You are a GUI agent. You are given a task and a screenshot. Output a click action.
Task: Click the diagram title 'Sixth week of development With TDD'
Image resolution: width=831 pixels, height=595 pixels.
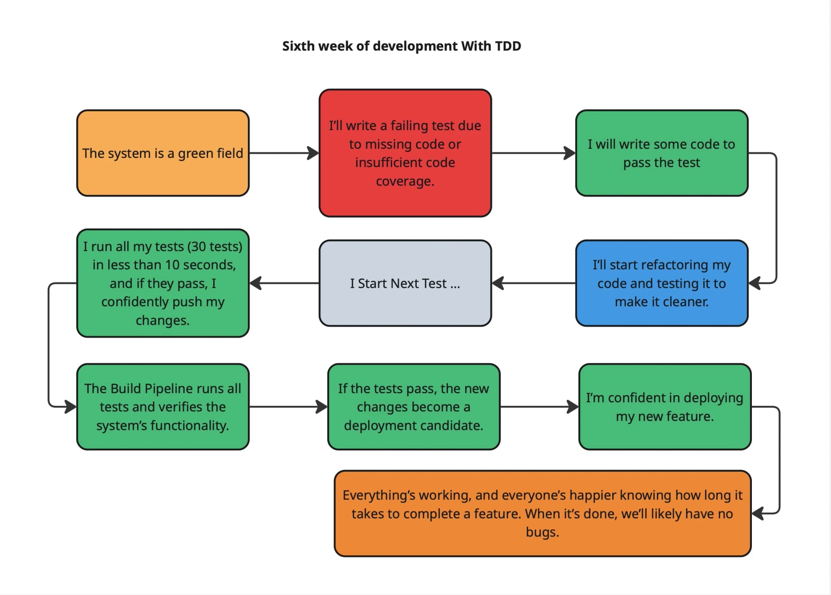401,46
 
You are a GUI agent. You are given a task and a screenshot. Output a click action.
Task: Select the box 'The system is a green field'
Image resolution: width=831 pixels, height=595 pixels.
163,153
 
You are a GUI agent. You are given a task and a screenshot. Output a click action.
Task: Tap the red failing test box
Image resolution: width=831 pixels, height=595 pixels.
405,153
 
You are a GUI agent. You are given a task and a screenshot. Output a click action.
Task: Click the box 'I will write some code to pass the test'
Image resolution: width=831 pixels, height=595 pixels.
661,153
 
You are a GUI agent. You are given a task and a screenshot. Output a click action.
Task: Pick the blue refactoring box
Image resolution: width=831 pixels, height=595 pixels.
661,283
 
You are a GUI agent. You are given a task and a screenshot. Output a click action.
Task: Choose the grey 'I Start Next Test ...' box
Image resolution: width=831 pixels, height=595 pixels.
405,283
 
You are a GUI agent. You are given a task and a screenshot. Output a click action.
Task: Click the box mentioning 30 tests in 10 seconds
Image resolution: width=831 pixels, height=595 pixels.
163,283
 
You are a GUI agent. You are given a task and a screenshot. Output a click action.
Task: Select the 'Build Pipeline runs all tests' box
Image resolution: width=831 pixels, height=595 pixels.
163,407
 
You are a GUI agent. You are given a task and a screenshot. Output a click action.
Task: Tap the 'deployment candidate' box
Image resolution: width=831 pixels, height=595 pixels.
413,407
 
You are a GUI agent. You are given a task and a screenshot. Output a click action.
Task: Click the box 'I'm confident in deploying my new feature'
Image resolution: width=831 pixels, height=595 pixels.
665,407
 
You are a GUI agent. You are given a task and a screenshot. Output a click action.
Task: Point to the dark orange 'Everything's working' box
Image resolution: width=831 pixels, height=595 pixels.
543,513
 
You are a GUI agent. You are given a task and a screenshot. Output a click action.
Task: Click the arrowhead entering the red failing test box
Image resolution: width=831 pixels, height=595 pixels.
313,153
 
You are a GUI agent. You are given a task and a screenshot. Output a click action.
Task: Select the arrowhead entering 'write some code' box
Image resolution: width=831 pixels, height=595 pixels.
570,153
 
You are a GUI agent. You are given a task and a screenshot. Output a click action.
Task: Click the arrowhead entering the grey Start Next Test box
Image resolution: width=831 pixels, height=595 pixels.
498,283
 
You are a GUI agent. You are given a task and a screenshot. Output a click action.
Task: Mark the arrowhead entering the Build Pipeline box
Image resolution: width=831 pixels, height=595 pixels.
71,406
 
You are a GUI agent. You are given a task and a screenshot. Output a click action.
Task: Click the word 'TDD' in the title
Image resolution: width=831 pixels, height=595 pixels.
508,46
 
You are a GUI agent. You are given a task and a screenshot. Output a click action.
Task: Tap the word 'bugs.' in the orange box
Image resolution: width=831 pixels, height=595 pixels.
543,532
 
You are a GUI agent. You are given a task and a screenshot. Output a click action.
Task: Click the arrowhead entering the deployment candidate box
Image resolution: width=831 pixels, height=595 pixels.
322,407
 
